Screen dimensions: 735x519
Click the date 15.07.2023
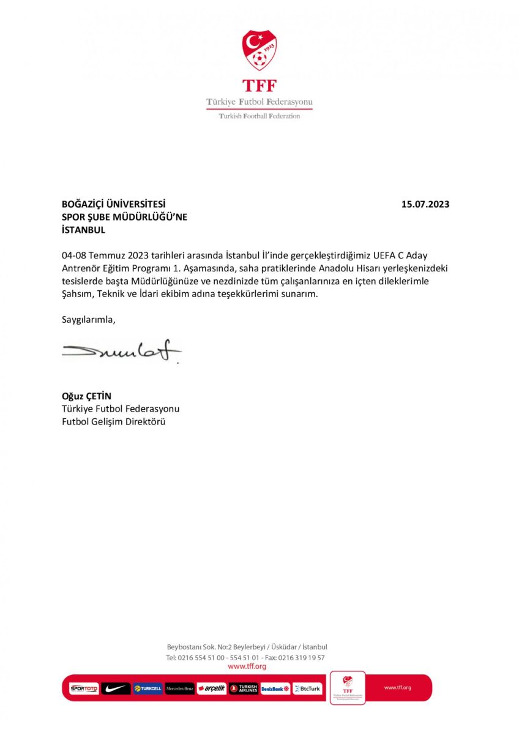click(425, 205)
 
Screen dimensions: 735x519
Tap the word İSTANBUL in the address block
click(83, 230)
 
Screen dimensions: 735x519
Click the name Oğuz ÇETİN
click(86, 396)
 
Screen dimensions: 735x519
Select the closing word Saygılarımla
click(88, 319)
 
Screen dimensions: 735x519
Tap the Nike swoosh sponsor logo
click(116, 688)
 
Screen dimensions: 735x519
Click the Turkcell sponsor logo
click(147, 688)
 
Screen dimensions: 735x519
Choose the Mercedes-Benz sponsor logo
click(180, 688)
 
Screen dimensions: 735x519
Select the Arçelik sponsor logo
click(212, 688)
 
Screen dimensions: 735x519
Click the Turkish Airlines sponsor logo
click(244, 688)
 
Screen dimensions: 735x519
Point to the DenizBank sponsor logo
click(275, 688)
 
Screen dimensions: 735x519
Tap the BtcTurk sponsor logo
click(307, 688)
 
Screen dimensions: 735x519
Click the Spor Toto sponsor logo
click(84, 688)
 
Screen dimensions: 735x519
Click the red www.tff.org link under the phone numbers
click(247, 666)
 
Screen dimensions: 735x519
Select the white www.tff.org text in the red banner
click(397, 687)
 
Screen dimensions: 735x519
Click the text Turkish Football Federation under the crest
click(259, 116)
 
